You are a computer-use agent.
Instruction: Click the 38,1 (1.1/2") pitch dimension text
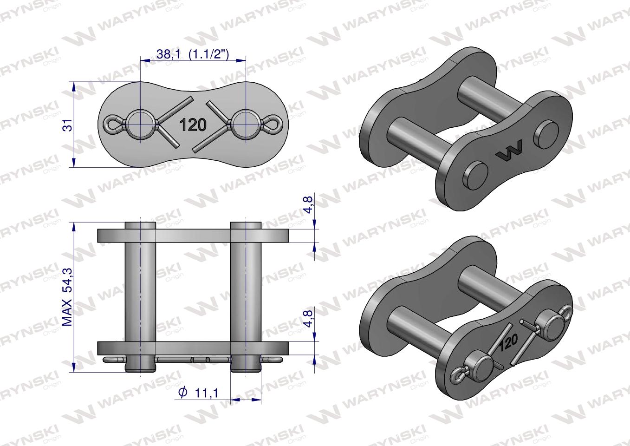tap(193, 54)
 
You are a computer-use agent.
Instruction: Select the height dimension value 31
tap(68, 125)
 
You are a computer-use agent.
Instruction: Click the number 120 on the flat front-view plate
tap(194, 125)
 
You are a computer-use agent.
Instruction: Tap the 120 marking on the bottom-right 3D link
tap(509, 344)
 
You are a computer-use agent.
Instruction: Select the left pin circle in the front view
tap(141, 125)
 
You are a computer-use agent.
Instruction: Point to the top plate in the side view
tap(193, 236)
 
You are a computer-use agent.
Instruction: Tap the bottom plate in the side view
tap(193, 348)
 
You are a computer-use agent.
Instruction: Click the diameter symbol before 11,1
tap(182, 393)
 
